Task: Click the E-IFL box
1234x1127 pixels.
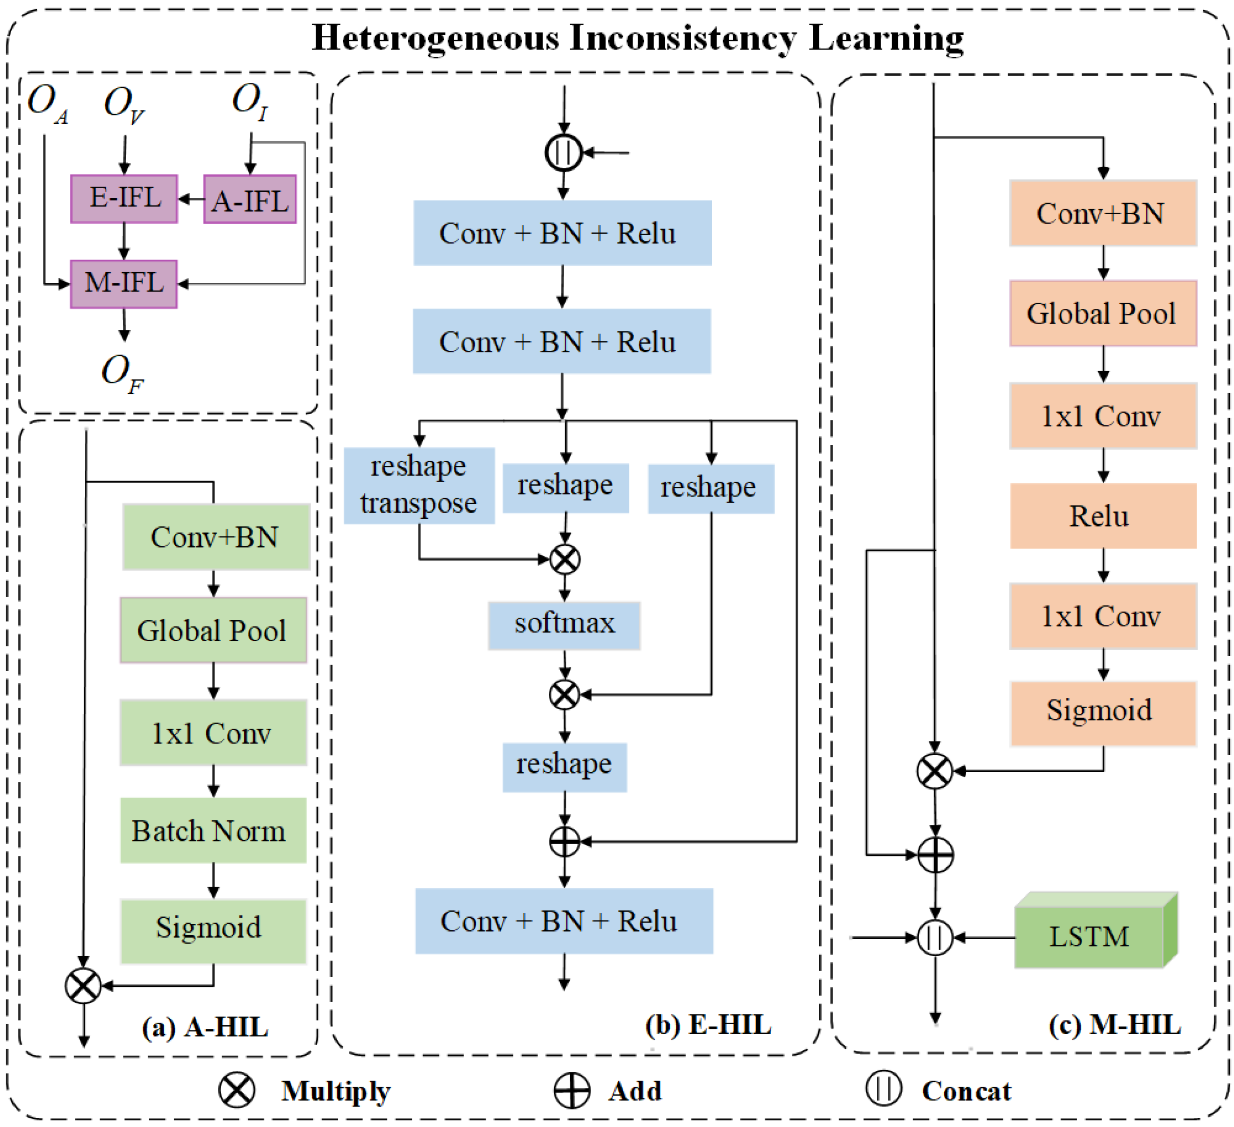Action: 124,199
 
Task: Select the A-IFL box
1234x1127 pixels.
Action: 250,199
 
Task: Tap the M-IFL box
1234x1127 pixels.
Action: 124,284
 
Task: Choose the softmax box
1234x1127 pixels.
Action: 564,625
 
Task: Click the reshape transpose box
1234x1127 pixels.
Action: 418,485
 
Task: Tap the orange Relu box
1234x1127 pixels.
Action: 1102,516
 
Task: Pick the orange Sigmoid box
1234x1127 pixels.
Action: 1102,712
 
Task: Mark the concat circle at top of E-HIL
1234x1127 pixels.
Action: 563,152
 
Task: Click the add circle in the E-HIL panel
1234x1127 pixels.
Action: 564,842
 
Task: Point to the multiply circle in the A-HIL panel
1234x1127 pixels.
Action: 83,985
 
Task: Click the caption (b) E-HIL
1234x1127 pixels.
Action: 708,1025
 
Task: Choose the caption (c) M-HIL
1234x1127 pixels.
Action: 1114,1025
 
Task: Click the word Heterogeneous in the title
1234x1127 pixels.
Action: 435,38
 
